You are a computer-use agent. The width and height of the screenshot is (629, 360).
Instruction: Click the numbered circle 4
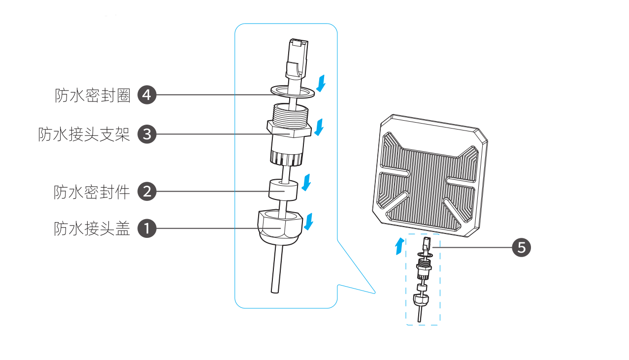click(x=146, y=95)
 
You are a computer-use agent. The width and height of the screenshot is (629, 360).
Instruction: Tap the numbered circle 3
click(x=146, y=134)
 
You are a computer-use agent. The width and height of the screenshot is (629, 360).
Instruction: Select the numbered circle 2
click(x=146, y=191)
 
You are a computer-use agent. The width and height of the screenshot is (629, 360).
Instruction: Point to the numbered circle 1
click(x=146, y=229)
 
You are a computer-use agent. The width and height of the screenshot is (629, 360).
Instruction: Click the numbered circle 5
click(x=522, y=247)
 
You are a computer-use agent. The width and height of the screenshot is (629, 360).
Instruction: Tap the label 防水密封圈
click(x=92, y=95)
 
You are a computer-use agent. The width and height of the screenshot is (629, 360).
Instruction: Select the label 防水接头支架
click(x=84, y=134)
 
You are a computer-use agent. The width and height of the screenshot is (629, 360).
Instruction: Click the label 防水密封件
click(x=92, y=191)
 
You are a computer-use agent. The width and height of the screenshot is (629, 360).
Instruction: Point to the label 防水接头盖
click(x=92, y=229)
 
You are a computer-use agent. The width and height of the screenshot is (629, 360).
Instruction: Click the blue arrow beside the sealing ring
click(x=321, y=83)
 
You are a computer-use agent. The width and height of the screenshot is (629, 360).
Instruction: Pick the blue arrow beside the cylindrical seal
click(x=307, y=182)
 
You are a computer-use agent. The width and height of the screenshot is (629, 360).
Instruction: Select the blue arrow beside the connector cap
click(x=309, y=222)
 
